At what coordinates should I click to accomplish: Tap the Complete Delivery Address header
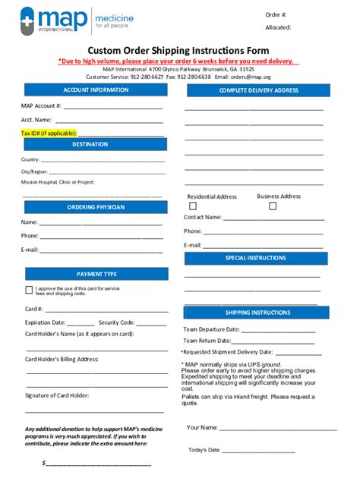coord(258,91)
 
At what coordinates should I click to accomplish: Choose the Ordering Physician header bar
coord(96,207)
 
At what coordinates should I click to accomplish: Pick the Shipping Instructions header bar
coord(257,313)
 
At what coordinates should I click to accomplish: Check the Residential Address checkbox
coord(192,206)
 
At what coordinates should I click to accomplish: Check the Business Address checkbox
coord(262,206)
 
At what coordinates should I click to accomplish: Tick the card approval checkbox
coord(29,290)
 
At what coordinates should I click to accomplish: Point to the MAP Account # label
coord(41,105)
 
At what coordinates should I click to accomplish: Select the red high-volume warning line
coord(179,61)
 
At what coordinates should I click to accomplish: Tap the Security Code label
coord(116,322)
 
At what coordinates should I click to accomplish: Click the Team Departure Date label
coord(211,329)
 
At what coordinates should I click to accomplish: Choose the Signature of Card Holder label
coord(57,395)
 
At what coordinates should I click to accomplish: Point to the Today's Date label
coord(204,450)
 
